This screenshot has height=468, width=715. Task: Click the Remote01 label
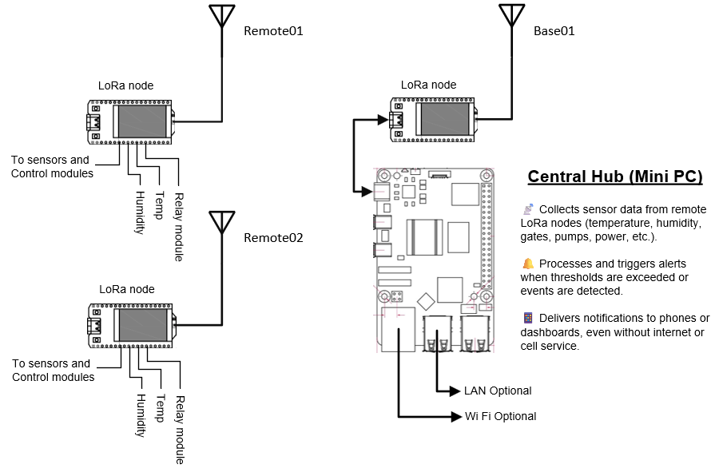pyautogui.click(x=273, y=31)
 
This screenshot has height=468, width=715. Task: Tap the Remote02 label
pyautogui.click(x=273, y=237)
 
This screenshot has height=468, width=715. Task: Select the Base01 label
pyautogui.click(x=554, y=31)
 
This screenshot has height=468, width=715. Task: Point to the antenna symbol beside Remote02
pyautogui.click(x=221, y=223)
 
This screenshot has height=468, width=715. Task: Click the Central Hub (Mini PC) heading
pyautogui.click(x=615, y=176)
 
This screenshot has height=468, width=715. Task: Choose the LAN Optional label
pyautogui.click(x=498, y=391)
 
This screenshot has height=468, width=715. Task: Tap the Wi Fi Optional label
pyautogui.click(x=501, y=416)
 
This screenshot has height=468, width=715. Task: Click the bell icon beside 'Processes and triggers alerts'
pyautogui.click(x=528, y=264)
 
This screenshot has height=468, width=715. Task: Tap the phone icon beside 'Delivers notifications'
pyautogui.click(x=528, y=318)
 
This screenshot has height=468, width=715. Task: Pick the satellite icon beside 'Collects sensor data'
pyautogui.click(x=528, y=209)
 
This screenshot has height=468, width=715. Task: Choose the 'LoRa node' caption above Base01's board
pyautogui.click(x=428, y=85)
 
